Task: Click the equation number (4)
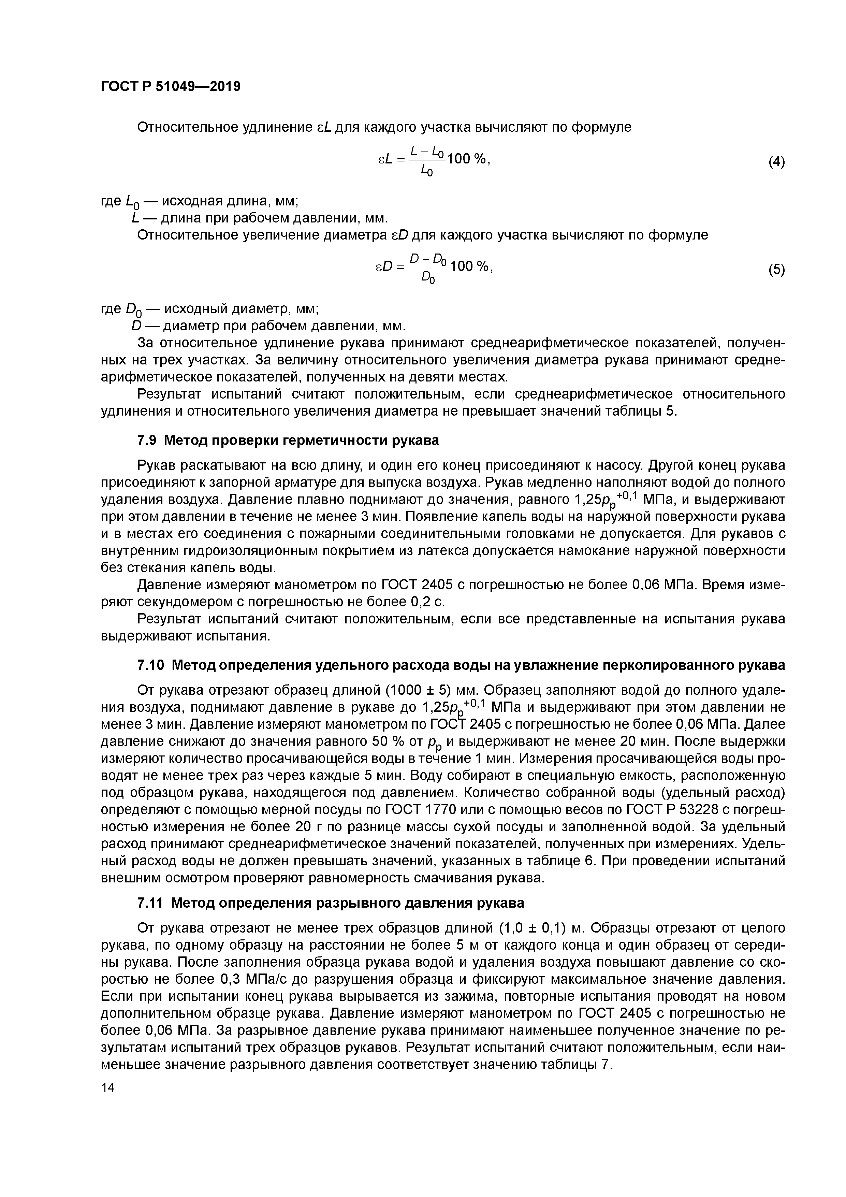point(776,162)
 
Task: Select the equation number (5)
point(776,270)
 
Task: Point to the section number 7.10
point(151,666)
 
